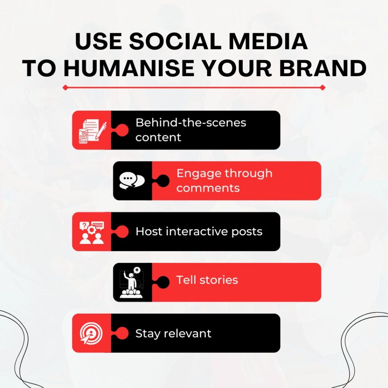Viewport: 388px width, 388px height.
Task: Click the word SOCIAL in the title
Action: (175, 41)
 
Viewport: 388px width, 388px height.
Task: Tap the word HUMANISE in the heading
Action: (129, 68)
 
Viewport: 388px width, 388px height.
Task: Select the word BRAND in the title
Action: (323, 68)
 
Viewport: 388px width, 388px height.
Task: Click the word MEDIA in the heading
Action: (268, 41)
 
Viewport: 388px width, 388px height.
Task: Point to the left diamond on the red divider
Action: (65, 88)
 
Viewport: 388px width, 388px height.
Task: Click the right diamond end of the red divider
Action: (322, 88)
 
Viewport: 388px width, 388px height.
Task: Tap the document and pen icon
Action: (92, 131)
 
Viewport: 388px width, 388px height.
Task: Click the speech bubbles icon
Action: (132, 180)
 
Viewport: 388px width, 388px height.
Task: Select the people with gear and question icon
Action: (92, 232)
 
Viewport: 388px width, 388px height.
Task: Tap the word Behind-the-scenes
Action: (191, 122)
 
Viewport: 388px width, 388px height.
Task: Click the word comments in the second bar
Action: (208, 188)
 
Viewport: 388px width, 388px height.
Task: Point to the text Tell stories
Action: (207, 280)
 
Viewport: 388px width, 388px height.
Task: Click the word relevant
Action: (189, 333)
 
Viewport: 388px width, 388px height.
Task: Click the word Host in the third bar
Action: (149, 232)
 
